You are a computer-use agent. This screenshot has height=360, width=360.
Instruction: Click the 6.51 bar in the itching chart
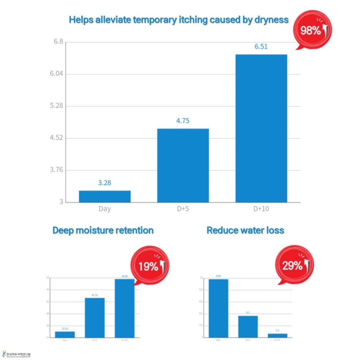(x=261, y=128)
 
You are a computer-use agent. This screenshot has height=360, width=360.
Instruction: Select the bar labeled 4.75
(x=183, y=165)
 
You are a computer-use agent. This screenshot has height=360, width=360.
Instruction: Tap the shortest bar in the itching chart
(x=105, y=196)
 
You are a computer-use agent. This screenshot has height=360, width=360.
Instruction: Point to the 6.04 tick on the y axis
(x=56, y=74)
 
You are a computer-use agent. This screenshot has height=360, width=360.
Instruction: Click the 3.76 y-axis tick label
(x=56, y=170)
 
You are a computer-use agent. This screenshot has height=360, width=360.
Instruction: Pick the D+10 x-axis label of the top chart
(x=261, y=209)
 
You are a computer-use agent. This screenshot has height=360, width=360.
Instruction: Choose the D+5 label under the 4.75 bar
(x=183, y=209)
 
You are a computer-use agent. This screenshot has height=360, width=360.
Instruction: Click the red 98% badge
(x=312, y=30)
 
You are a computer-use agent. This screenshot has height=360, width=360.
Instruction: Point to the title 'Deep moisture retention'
(x=103, y=230)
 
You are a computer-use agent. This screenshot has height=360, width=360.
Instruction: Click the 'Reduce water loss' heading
(x=245, y=230)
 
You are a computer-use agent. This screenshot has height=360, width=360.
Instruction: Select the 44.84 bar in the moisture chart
(x=124, y=308)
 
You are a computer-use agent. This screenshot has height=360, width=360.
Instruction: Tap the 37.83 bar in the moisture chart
(x=65, y=334)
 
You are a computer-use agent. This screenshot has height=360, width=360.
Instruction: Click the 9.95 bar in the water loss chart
(x=218, y=308)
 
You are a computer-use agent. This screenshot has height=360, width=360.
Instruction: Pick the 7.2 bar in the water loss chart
(x=277, y=335)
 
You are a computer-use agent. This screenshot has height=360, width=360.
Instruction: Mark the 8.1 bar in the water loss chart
(x=248, y=326)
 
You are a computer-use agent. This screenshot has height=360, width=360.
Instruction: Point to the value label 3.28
(x=104, y=183)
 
